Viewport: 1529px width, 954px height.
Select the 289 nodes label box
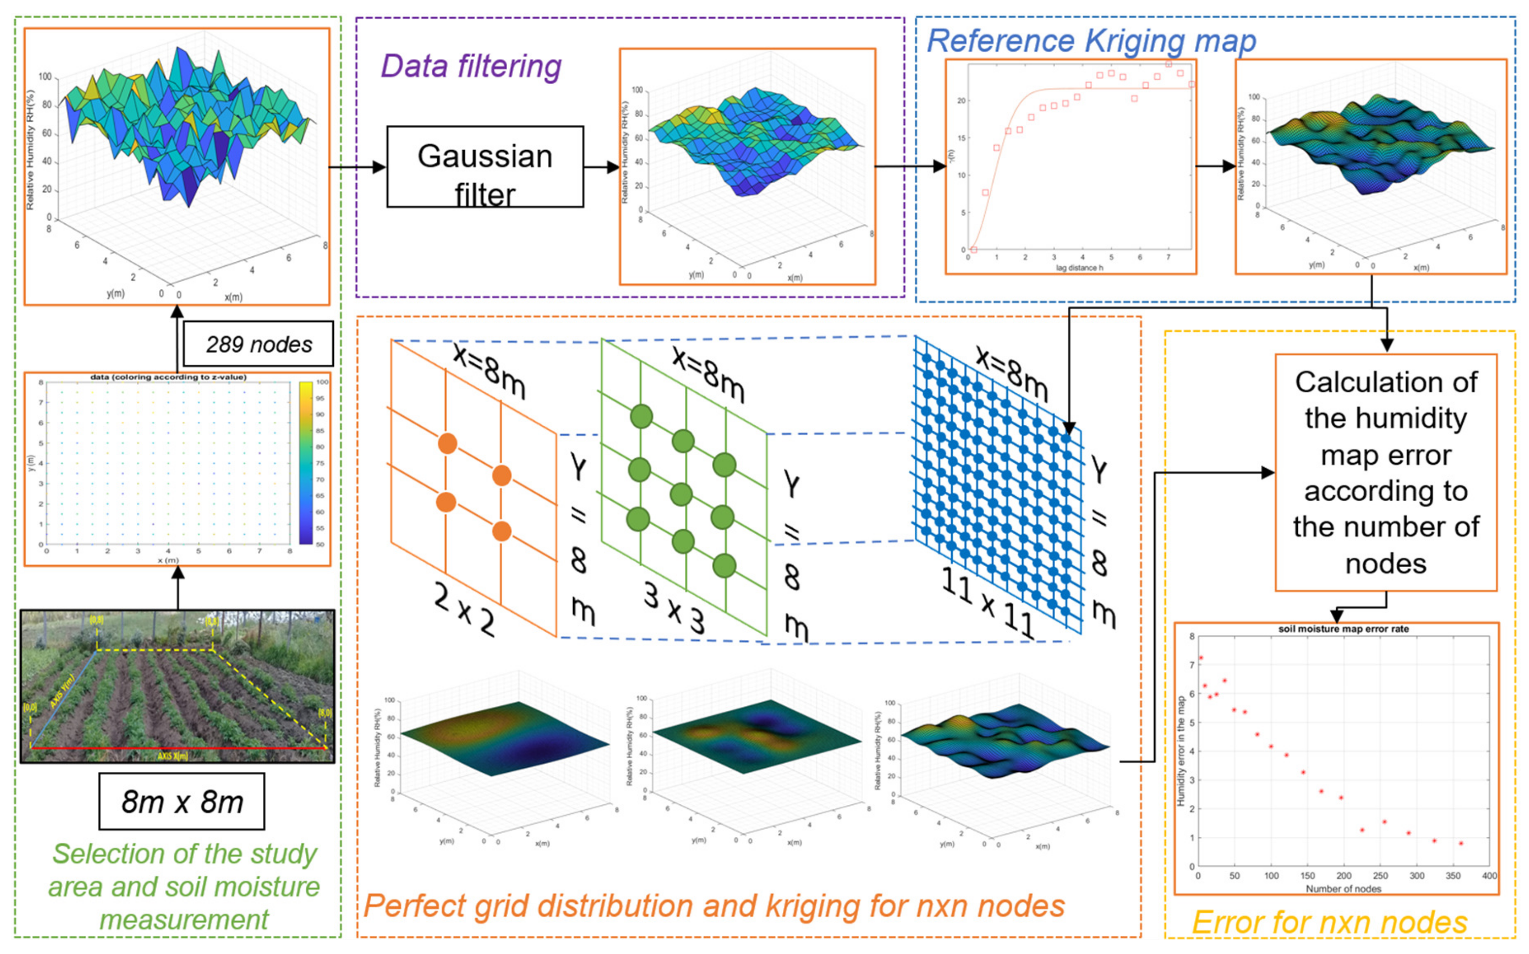coord(258,344)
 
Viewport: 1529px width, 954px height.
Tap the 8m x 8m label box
coord(182,801)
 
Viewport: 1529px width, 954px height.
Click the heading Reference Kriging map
coord(1091,41)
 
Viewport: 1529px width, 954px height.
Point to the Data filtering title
coord(471,66)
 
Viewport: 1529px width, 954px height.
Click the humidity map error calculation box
coord(1385,472)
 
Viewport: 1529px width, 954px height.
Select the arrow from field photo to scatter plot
coord(178,587)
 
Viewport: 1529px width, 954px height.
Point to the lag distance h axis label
coord(1079,267)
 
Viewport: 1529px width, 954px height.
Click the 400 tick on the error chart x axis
coord(1489,876)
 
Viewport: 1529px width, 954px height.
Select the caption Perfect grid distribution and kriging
coord(714,906)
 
